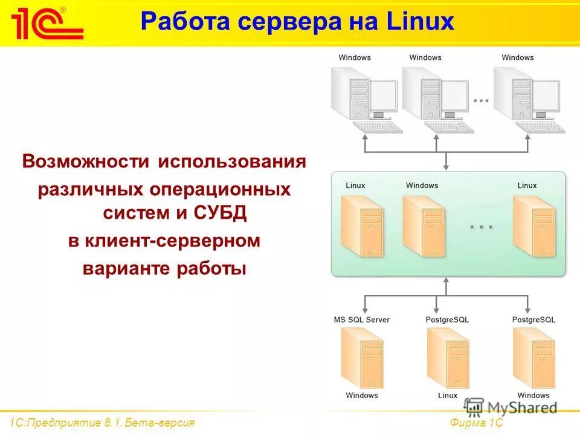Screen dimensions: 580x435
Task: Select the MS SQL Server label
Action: (361, 319)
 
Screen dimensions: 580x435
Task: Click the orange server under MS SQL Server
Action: (361, 358)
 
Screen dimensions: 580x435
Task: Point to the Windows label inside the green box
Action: (422, 185)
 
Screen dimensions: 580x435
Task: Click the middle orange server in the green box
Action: (423, 225)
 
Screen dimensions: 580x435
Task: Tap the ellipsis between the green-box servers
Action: (482, 226)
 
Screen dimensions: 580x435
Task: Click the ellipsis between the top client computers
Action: (481, 100)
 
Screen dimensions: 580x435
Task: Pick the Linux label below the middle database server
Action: (447, 396)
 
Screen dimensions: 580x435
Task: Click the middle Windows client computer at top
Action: (435, 97)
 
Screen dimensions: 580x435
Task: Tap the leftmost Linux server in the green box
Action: (361, 225)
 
